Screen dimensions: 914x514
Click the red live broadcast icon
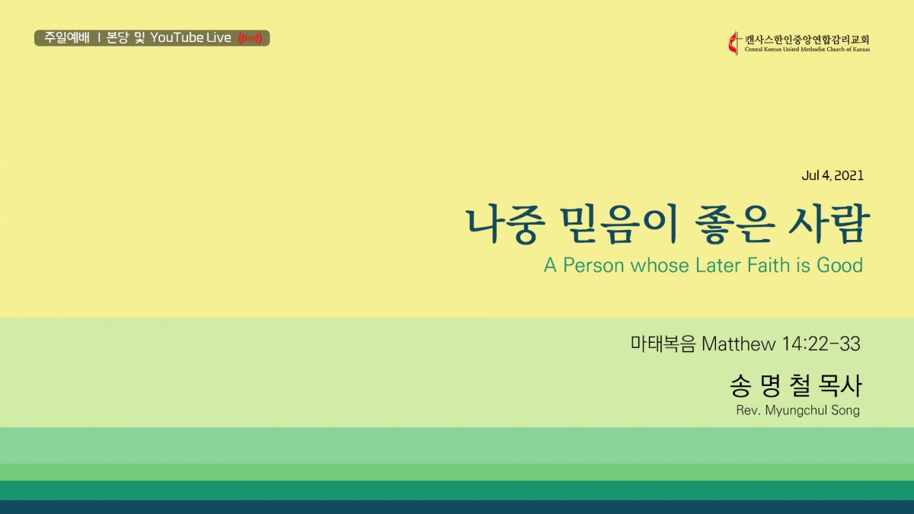pos(250,38)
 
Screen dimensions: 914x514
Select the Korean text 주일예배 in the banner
pos(66,38)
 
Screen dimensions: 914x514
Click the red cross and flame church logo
pos(734,43)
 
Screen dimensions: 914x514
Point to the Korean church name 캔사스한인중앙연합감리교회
pos(807,40)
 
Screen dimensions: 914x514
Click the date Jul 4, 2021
pos(833,176)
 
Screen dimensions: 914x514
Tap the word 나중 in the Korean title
pos(506,225)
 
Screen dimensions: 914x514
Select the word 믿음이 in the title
pos(619,225)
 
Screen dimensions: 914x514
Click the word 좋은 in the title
pos(734,225)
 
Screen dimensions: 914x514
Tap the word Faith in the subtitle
pos(769,266)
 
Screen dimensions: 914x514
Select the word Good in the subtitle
pos(839,266)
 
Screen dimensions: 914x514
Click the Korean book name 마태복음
pos(663,344)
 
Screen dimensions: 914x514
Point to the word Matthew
pos(739,344)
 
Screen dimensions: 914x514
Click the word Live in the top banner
pos(219,38)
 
